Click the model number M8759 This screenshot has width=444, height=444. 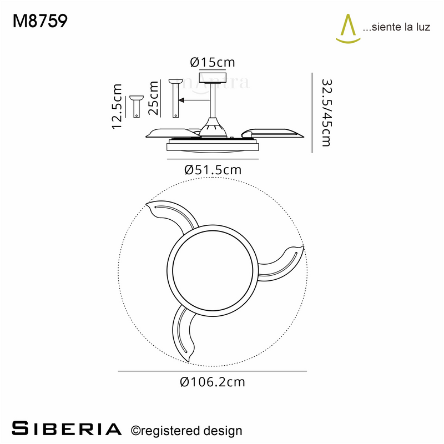tap(40, 21)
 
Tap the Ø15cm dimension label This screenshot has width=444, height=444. tap(213, 62)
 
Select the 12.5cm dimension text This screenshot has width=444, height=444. tap(117, 107)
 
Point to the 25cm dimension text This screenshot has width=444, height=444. tap(153, 98)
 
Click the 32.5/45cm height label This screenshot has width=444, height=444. tap(326, 113)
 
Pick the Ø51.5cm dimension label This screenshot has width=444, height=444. tap(213, 170)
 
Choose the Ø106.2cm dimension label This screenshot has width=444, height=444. tap(213, 382)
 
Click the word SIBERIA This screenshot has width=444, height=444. tap(67, 428)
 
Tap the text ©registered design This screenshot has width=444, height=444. tap(186, 431)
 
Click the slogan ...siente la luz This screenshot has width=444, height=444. tap(396, 27)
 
